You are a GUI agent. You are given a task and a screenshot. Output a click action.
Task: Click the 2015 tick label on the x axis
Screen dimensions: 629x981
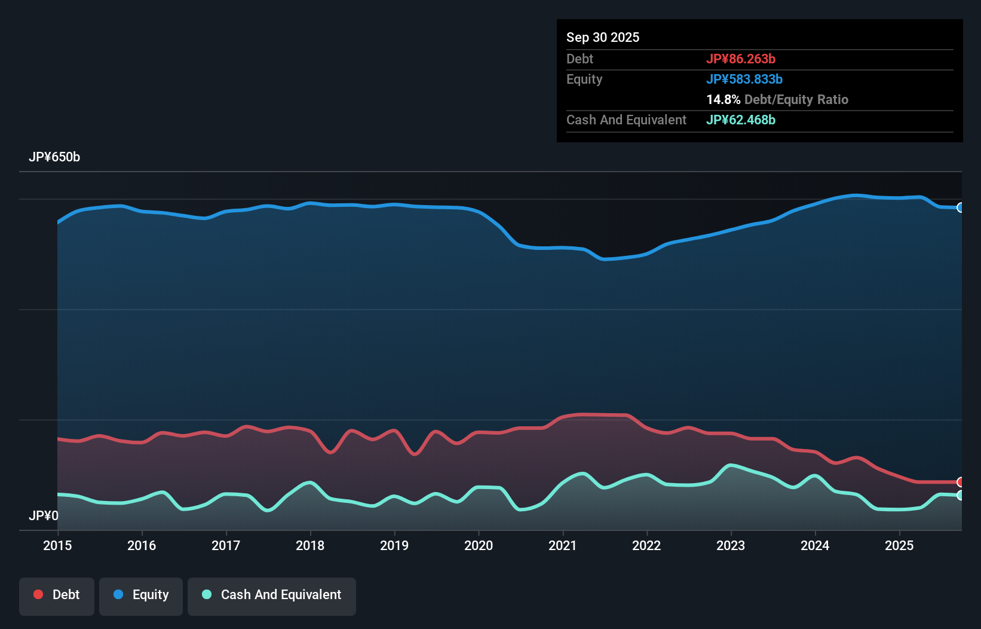point(57,545)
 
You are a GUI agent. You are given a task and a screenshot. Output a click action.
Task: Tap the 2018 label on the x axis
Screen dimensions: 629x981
point(310,545)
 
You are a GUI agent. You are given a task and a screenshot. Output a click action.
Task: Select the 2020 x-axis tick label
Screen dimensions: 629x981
point(479,545)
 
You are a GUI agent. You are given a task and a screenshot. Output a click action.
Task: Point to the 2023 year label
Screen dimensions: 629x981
point(731,545)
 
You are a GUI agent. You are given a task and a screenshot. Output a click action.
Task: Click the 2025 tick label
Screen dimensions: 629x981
point(899,545)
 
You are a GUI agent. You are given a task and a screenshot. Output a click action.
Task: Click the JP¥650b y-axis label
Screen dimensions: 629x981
point(54,157)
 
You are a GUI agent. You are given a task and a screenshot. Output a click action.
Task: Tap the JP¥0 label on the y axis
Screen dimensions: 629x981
point(44,515)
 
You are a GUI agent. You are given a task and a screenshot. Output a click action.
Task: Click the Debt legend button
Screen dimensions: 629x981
point(57,595)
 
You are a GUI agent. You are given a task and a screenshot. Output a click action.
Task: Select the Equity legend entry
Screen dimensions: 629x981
point(141,595)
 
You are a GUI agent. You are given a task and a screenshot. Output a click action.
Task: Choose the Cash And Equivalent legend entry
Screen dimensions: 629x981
point(272,595)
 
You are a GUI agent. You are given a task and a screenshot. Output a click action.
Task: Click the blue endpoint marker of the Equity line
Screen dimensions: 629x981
point(961,207)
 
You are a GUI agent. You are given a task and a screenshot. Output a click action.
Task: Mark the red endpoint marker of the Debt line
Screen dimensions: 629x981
point(961,482)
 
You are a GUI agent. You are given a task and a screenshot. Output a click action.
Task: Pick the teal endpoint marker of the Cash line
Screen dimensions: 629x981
point(961,495)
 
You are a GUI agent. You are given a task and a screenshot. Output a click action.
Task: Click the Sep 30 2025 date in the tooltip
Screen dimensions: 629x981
point(603,37)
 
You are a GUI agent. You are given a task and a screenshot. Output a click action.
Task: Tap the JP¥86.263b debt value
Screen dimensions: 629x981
point(741,59)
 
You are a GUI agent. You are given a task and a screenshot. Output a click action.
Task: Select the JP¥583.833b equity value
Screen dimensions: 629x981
point(744,79)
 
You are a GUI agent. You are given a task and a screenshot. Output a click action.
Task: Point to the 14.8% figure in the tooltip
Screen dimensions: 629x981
point(724,99)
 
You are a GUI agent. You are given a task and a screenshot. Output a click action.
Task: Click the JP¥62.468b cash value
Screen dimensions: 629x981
point(741,120)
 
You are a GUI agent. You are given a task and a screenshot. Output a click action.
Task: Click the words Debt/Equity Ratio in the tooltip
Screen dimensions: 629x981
point(796,99)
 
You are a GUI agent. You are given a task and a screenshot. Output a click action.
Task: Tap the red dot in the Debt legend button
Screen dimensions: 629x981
point(38,594)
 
